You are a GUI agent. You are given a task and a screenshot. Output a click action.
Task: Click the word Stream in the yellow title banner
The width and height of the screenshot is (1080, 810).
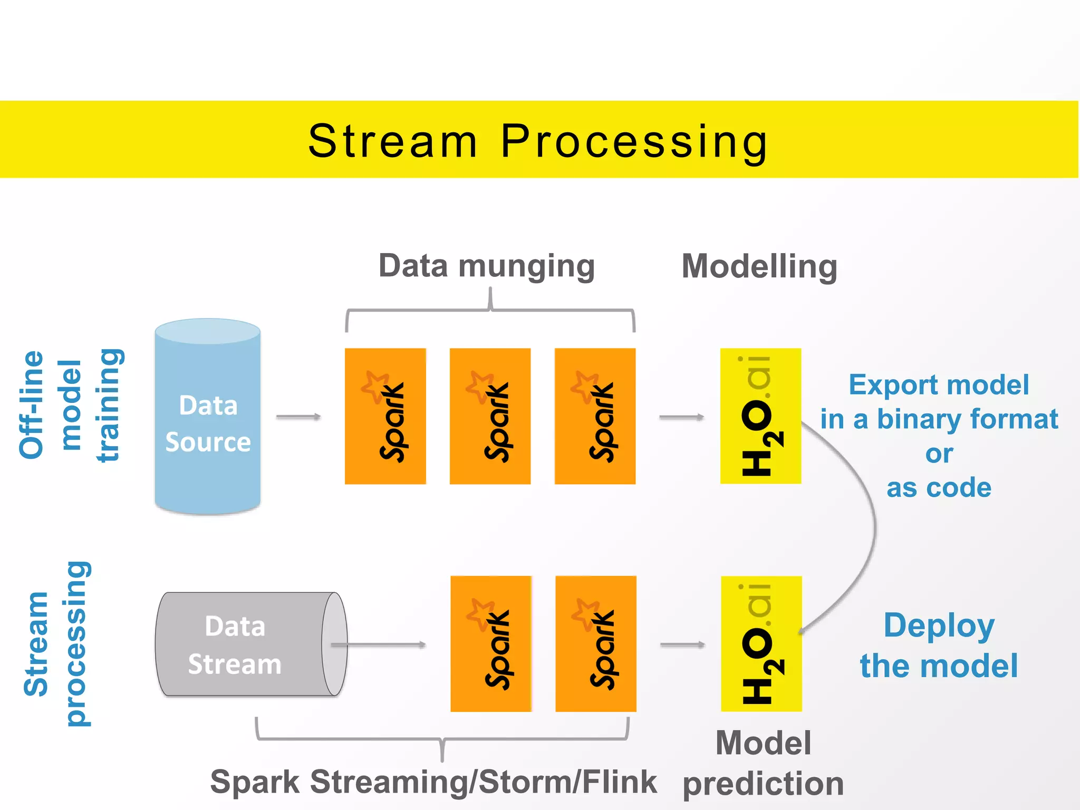[392, 141]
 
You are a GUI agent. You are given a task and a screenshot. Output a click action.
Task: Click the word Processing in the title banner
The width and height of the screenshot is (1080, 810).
[634, 141]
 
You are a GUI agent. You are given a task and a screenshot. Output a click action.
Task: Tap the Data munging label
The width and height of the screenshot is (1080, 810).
[486, 266]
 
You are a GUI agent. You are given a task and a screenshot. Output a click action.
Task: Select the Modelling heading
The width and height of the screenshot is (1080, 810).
[759, 266]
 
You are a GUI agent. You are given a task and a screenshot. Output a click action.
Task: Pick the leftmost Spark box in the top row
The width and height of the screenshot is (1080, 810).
[385, 416]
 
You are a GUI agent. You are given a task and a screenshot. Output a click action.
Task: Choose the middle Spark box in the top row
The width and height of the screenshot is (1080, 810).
[490, 416]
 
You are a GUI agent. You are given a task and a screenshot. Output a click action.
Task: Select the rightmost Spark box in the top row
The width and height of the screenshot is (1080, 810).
[595, 416]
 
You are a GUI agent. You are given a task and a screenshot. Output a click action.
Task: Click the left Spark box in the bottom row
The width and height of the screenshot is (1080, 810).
[491, 644]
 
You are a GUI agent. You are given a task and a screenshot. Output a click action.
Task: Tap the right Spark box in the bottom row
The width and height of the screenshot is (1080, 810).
[596, 644]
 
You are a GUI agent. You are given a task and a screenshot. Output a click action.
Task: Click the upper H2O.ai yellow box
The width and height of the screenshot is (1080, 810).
[760, 416]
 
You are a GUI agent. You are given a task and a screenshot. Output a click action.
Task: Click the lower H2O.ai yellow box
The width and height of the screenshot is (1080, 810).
[761, 644]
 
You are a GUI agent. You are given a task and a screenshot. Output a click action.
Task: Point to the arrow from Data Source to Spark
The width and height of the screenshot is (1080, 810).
[298, 417]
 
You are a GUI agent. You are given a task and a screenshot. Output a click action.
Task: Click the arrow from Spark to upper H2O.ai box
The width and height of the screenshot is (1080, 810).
[681, 417]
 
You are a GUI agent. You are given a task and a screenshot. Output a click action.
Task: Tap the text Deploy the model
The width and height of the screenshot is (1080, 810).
[939, 645]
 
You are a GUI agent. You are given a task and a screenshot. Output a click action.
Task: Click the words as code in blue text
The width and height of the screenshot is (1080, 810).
[939, 488]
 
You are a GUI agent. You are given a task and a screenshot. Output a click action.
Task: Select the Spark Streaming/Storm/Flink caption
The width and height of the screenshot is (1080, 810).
[433, 782]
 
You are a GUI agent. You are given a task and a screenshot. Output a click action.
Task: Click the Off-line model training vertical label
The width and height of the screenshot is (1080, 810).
[70, 405]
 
